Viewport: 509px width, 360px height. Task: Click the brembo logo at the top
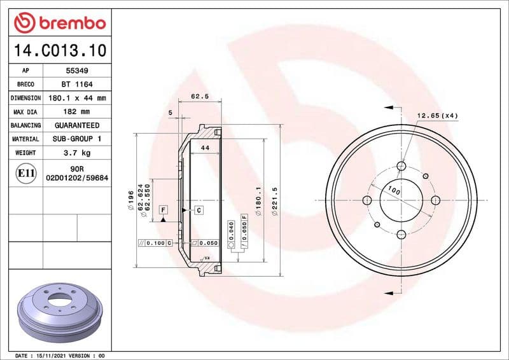(59, 23)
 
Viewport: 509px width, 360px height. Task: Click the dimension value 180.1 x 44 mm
(76, 99)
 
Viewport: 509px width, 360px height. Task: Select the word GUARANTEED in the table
(76, 125)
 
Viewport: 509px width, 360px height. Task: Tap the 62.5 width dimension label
(200, 97)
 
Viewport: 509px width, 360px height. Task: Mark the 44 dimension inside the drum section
(205, 148)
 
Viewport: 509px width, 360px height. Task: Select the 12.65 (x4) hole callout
(437, 115)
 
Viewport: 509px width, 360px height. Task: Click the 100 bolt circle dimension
(394, 190)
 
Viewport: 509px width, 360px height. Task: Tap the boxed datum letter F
(163, 209)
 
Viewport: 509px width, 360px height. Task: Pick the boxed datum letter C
(198, 210)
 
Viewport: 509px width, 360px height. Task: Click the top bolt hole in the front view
(401, 167)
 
